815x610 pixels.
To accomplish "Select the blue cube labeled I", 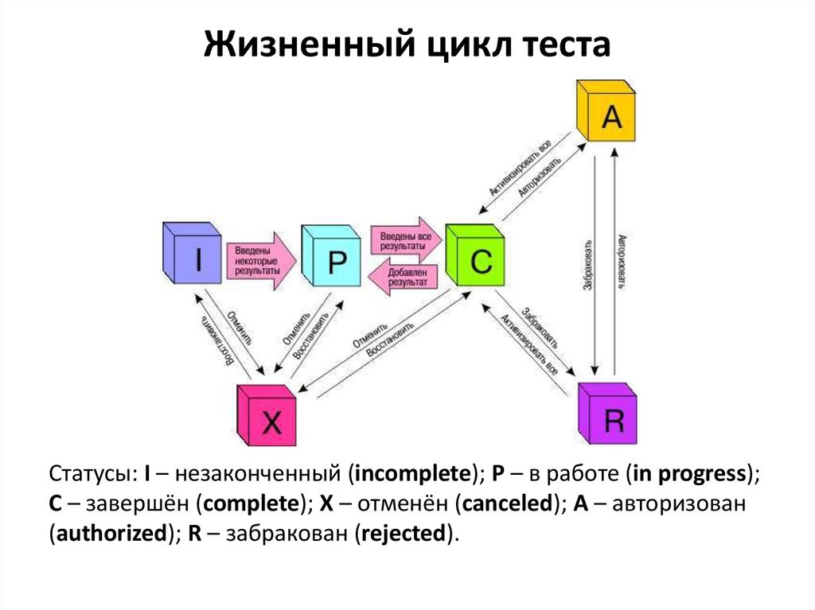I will pos(191,254).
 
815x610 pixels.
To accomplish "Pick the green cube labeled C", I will pos(475,256).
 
